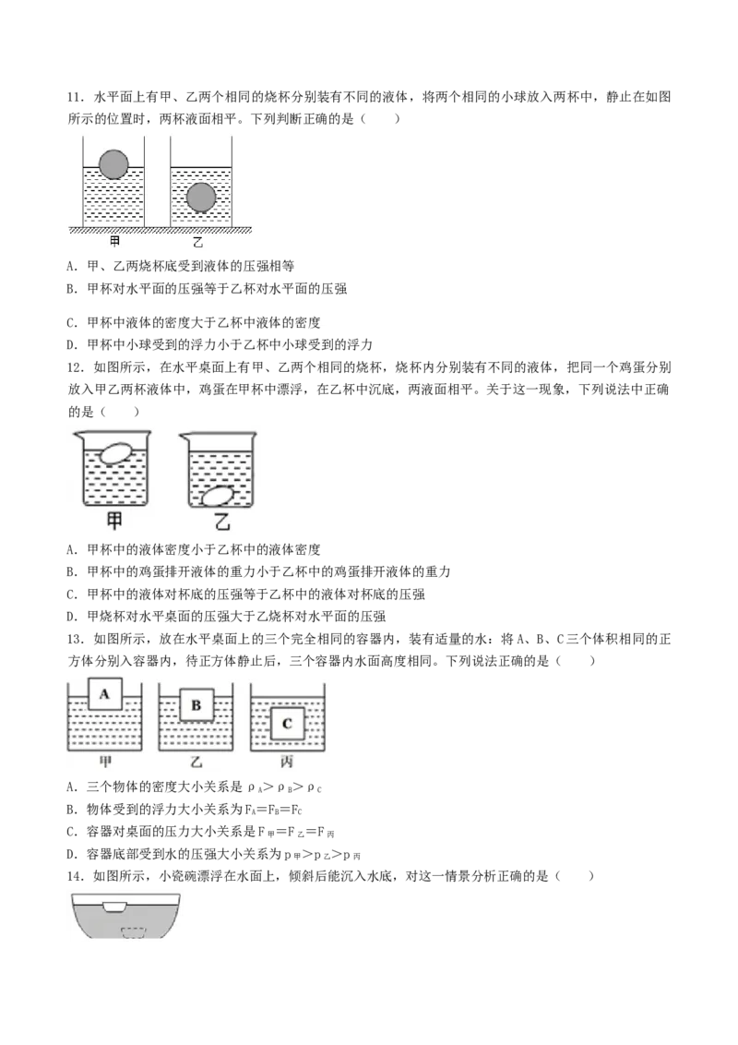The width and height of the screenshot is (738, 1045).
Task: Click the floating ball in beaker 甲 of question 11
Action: [113, 164]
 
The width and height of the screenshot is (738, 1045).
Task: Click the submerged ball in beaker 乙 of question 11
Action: [201, 198]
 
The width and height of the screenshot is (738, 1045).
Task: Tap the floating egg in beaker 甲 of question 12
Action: [116, 454]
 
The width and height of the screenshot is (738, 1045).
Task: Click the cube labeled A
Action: [104, 694]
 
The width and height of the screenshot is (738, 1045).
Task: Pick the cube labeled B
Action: [196, 705]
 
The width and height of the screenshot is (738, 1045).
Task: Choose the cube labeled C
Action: [287, 724]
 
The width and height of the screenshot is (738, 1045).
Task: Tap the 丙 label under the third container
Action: [286, 761]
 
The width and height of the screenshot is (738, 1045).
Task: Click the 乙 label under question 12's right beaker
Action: [221, 522]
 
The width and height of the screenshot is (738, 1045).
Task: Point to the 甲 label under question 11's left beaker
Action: [114, 241]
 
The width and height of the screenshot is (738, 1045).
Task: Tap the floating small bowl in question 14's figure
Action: [114, 907]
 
